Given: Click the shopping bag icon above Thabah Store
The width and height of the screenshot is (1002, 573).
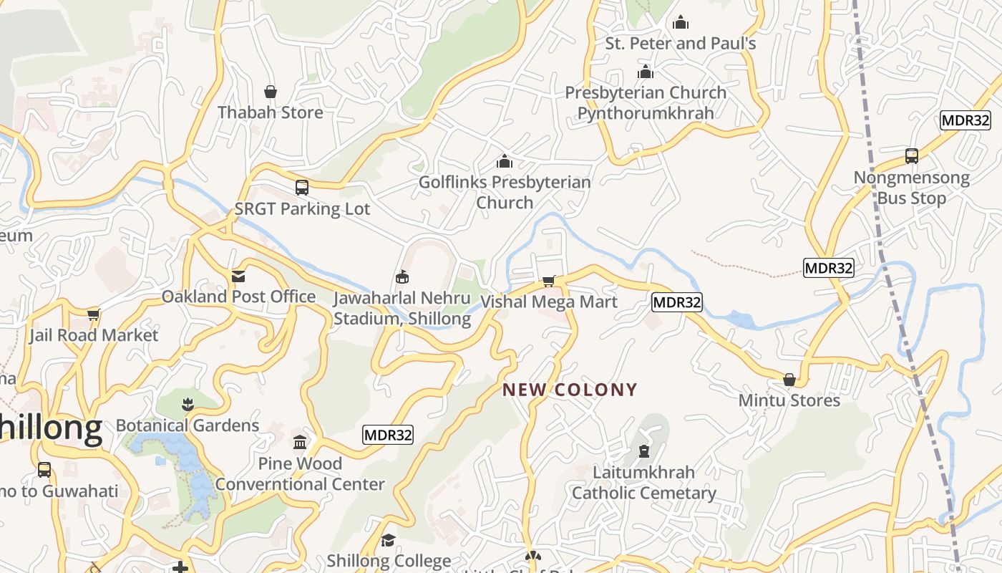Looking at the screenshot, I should (271, 92).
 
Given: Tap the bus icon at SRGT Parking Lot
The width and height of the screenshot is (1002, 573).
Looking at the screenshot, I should (302, 188).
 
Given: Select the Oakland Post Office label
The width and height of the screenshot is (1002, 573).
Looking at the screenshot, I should (238, 297).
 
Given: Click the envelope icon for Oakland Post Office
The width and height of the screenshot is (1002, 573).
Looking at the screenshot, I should (238, 276).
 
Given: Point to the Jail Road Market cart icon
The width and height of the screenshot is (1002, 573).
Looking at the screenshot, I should (93, 314).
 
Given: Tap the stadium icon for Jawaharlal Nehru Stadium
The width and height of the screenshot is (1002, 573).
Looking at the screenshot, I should (402, 276).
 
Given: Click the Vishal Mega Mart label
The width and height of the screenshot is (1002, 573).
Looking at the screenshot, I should (548, 302).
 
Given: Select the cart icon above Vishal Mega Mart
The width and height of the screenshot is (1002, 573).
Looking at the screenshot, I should (548, 281).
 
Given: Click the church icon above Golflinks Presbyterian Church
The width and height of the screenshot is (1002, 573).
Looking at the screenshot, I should (505, 161).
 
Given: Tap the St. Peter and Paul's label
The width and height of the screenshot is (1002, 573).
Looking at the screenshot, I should (681, 43).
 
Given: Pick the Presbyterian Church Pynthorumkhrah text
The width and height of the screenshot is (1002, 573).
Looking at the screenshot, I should (646, 102).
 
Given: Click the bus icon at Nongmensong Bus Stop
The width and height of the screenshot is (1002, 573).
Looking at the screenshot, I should (912, 155).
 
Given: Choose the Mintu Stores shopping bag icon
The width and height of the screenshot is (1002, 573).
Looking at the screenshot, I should (789, 380).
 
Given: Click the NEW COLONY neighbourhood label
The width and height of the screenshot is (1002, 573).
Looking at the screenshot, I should (570, 390).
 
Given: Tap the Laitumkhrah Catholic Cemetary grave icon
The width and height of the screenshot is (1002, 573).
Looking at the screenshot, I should (644, 451).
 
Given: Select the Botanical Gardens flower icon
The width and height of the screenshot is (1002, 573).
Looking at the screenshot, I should (188, 404).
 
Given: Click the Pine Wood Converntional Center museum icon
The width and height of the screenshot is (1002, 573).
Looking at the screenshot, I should (300, 442).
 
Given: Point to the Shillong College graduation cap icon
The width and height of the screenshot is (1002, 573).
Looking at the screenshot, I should (389, 539).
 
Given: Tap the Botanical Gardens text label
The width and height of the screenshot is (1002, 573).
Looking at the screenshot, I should (188, 425).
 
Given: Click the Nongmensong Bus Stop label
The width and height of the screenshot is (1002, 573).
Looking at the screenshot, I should (912, 188).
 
